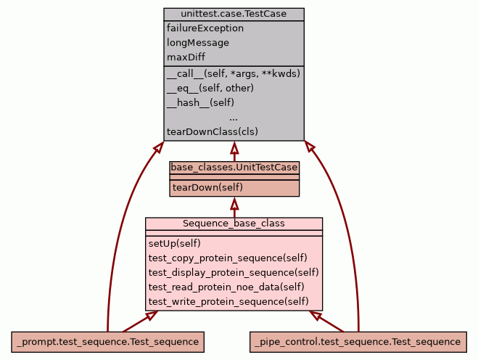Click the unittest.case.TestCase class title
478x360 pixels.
coord(234,14)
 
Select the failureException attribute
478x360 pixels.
coord(205,28)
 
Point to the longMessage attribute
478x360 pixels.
coord(198,43)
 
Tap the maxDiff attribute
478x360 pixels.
coord(187,57)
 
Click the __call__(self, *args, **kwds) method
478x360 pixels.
coord(233,73)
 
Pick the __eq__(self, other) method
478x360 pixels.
coord(210,88)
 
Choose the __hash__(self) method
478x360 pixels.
coord(200,102)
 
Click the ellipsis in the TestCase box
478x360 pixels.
coord(234,117)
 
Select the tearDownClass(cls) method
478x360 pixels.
coord(213,132)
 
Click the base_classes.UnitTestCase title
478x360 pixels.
coord(234,168)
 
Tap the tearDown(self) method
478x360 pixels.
coord(207,187)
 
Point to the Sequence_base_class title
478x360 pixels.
coord(234,224)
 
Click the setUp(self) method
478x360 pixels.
coord(175,243)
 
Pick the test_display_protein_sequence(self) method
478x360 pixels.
coord(234,272)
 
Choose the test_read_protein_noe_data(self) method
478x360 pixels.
coord(226,287)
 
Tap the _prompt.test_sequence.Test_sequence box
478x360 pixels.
coord(107,341)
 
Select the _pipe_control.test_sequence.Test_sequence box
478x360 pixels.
coord(358,341)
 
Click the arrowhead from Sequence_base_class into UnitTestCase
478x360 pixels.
coord(234,202)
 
